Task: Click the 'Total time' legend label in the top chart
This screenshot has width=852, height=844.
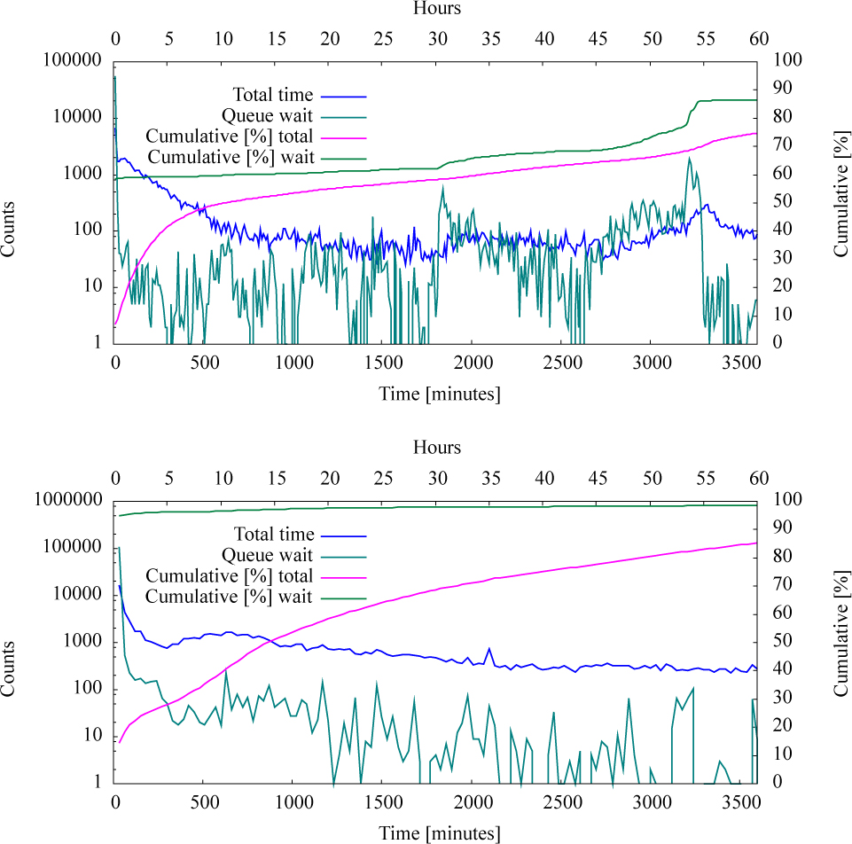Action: click(x=272, y=95)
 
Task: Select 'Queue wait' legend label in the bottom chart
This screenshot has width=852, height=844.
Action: click(x=267, y=555)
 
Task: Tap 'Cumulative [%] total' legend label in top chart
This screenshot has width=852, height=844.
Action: click(x=229, y=137)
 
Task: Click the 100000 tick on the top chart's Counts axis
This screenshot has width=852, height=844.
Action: click(x=73, y=60)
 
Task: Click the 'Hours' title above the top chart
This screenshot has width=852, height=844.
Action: click(x=437, y=9)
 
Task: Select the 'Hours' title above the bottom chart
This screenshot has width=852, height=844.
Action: click(x=437, y=448)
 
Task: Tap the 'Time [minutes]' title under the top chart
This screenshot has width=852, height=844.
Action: click(x=440, y=394)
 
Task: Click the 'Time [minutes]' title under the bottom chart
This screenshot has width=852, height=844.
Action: click(x=440, y=832)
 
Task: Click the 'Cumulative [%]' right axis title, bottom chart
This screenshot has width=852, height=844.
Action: click(x=840, y=641)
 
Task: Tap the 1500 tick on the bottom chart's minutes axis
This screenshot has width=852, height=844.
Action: click(x=382, y=803)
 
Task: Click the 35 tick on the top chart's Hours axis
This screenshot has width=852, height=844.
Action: click(x=490, y=39)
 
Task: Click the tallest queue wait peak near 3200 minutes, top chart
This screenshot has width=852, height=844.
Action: click(x=689, y=159)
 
